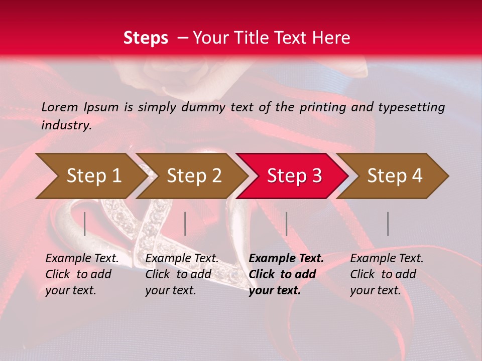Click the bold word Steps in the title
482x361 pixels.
(x=146, y=38)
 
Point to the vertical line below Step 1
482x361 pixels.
(x=85, y=224)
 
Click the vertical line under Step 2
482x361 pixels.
(x=185, y=224)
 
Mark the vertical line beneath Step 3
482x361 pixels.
(x=286, y=224)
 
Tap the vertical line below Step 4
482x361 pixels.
(x=388, y=224)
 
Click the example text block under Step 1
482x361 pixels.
(x=82, y=274)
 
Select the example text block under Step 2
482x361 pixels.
(x=182, y=274)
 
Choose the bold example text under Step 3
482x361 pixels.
(x=286, y=274)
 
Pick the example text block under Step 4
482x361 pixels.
(x=387, y=274)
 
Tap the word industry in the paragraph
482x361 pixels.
(x=66, y=125)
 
